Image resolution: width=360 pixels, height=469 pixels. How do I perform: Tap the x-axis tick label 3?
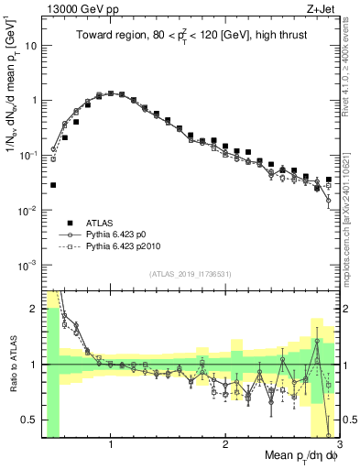click(x=339, y=445)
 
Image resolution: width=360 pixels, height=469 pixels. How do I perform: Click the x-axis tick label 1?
click(x=111, y=445)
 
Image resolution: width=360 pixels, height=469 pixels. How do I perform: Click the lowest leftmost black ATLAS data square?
click(x=53, y=185)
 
